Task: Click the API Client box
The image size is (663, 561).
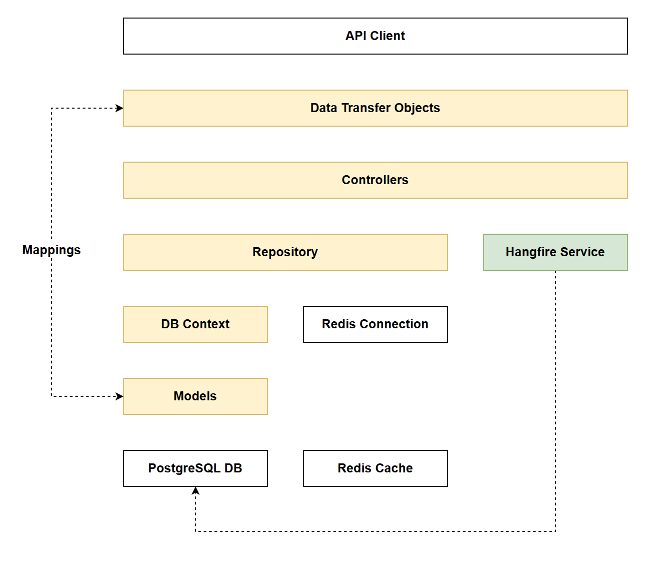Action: click(x=375, y=36)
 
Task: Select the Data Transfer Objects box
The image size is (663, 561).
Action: click(x=375, y=108)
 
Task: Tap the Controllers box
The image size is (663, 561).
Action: click(x=375, y=180)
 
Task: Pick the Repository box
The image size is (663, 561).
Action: click(x=285, y=252)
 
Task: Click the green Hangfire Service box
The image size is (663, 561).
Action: click(x=555, y=252)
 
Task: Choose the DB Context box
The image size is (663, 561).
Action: click(x=195, y=324)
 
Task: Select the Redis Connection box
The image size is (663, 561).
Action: click(x=375, y=324)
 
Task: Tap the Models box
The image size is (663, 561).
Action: click(x=195, y=396)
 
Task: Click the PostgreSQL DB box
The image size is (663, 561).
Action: click(x=195, y=468)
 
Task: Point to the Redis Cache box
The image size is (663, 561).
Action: click(x=375, y=468)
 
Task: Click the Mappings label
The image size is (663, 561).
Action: click(x=51, y=250)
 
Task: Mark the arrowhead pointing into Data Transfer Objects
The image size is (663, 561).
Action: click(x=119, y=108)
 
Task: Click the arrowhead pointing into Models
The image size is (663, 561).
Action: click(x=119, y=396)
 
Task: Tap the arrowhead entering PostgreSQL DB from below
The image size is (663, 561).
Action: click(x=195, y=491)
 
